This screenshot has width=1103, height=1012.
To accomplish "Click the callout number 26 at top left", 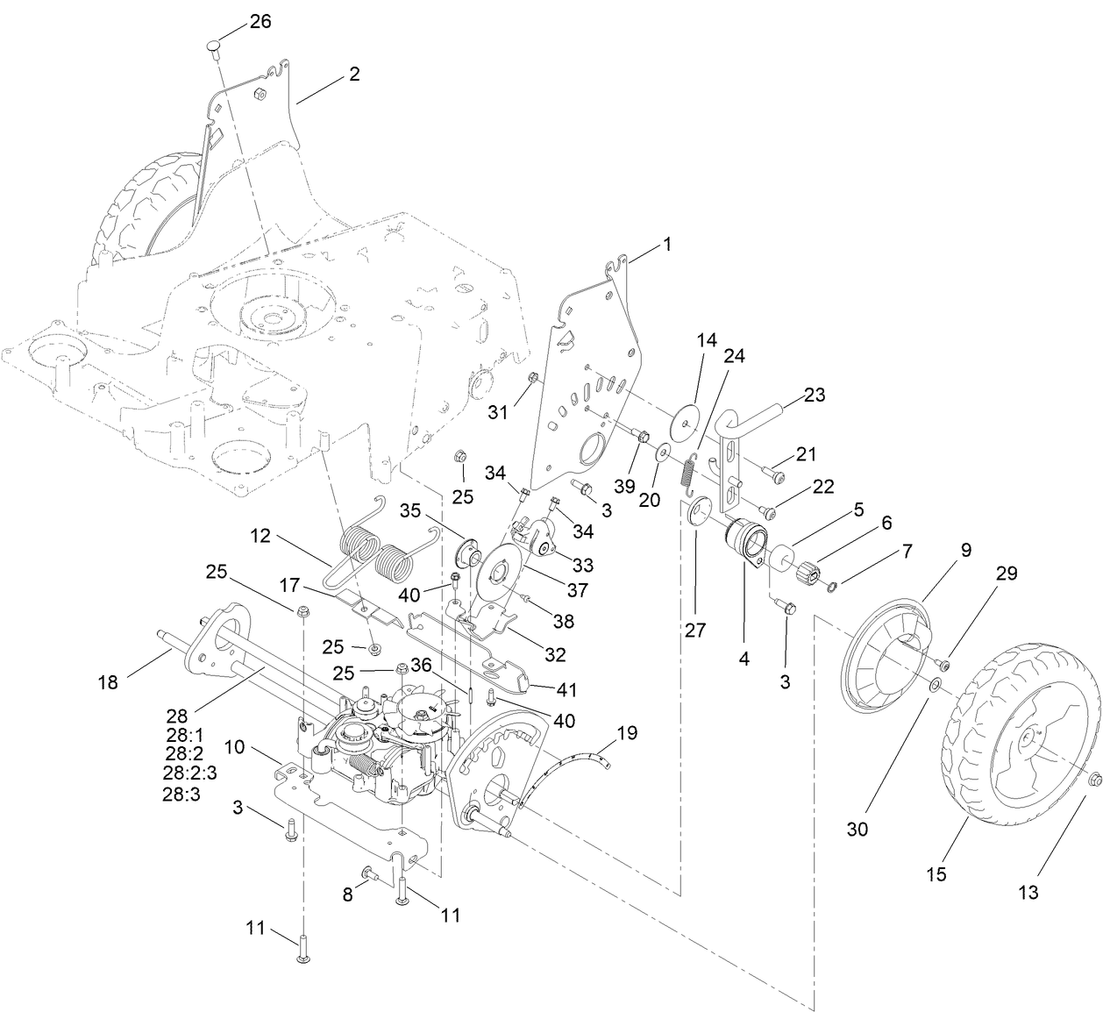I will coord(260,22).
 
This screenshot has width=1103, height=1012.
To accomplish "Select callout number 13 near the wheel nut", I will coord(1028,892).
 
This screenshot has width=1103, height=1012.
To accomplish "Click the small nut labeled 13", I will coord(1093,780).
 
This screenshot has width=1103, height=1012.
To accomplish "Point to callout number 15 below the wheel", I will coord(936,874).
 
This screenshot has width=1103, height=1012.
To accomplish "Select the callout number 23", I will coord(815,395).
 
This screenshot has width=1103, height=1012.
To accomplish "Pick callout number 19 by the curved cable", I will coord(627,732).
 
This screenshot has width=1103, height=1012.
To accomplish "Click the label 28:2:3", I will coord(189,772).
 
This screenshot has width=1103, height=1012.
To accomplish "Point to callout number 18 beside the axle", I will coord(108,681).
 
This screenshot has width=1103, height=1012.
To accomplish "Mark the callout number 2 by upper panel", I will coord(353,75).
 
